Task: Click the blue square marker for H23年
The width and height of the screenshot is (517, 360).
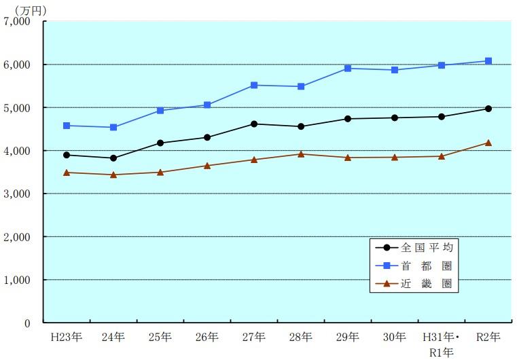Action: coord(67,126)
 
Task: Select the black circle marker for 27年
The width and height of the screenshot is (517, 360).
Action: coord(254,124)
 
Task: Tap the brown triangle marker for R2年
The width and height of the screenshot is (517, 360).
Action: coord(488,143)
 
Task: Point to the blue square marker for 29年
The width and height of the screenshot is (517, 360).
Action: coord(348,68)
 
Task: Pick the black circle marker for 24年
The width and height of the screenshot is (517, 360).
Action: coord(113,158)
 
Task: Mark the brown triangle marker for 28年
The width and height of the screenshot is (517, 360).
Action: coord(301,154)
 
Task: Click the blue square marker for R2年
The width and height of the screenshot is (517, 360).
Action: coord(488,61)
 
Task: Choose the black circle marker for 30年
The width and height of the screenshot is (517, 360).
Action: coord(395,118)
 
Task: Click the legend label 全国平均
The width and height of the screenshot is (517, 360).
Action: coord(427,247)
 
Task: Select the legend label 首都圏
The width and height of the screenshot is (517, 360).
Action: coord(427,266)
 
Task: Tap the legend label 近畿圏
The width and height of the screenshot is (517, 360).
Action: coord(427,283)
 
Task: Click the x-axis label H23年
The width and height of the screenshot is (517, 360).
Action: coord(65,337)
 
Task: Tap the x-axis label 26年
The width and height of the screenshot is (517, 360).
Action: coord(207,337)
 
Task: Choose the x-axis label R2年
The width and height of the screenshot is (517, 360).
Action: coord(488,337)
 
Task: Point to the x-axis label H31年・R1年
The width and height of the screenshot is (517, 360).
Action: coord(442,344)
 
